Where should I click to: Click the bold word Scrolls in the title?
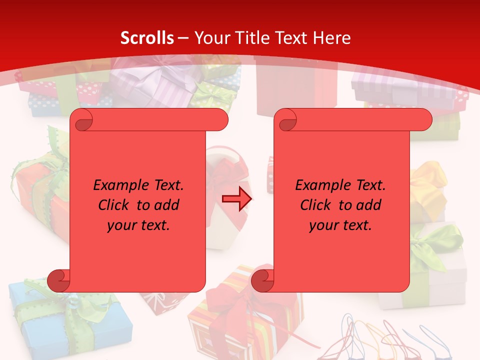tap(147, 38)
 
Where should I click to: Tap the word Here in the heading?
tap(331, 38)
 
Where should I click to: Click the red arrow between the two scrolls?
tap(236, 199)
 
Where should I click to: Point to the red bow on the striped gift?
tap(228, 300)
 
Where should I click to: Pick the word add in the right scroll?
tap(367, 205)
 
